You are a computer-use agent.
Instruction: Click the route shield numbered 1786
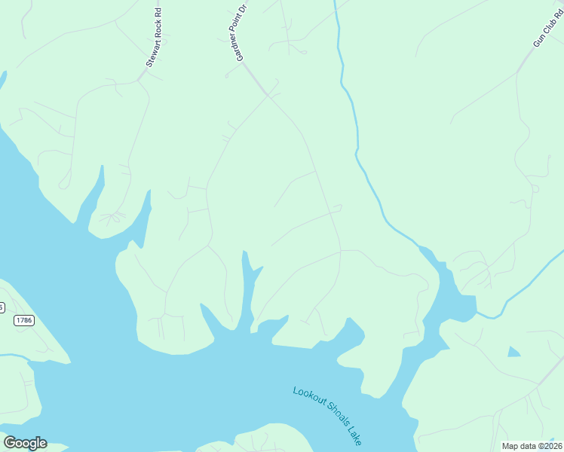24,320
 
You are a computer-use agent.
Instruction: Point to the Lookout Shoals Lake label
327,415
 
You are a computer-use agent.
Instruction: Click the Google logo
25,443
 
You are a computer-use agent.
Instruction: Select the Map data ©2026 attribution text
532,446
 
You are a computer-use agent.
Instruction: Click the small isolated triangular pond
513,351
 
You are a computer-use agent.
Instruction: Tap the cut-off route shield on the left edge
2,307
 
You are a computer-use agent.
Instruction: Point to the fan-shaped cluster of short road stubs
112,219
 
